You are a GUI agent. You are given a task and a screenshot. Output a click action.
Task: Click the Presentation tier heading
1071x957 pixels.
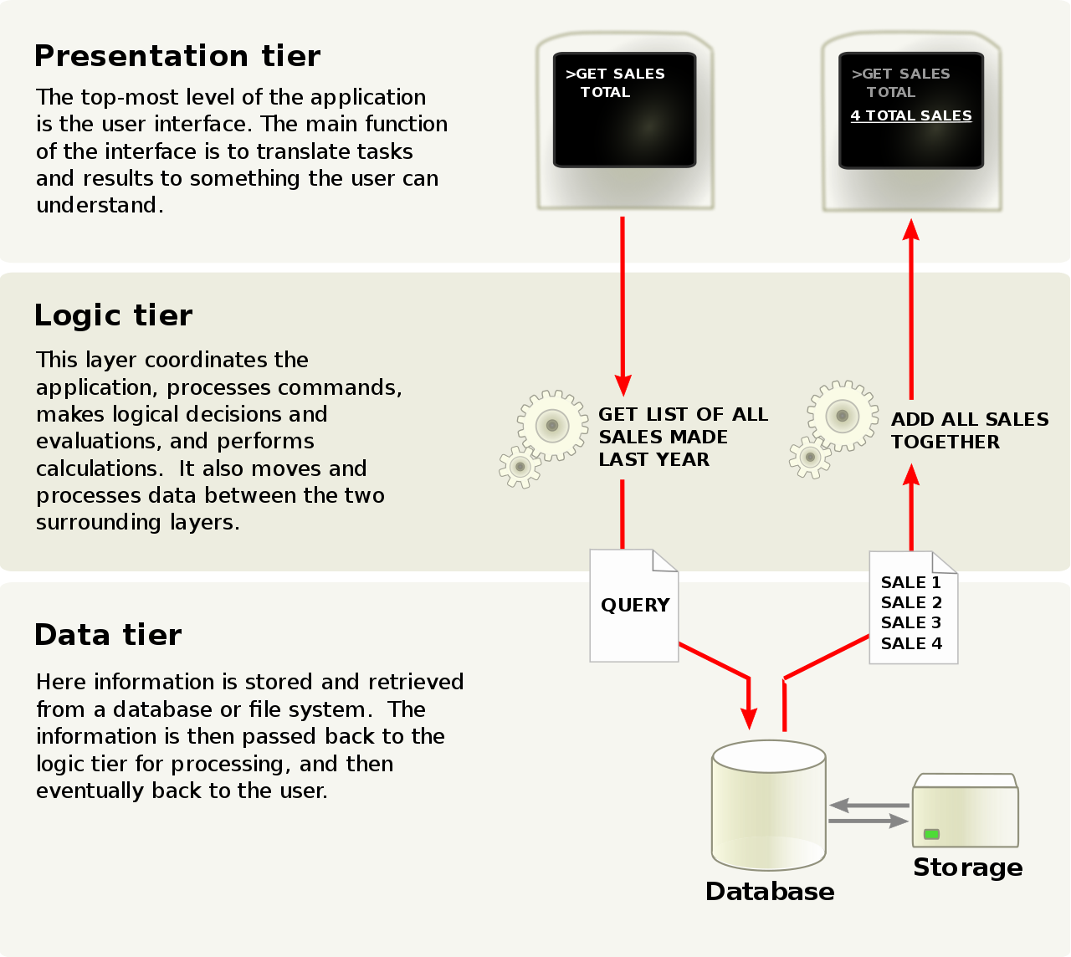pos(177,56)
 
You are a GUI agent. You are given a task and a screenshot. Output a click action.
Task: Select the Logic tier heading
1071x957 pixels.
pos(113,315)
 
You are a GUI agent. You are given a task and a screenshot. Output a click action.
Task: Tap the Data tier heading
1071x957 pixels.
pos(108,635)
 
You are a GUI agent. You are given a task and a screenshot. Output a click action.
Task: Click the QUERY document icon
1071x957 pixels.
pos(634,606)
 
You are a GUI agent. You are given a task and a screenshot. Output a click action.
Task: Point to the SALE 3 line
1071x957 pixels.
pos(910,622)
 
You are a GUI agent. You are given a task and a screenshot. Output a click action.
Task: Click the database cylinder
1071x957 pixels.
pos(769,805)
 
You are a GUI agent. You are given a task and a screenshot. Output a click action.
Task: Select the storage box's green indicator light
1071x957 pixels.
pos(931,834)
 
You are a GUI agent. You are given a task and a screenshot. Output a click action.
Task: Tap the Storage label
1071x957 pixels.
pos(967,867)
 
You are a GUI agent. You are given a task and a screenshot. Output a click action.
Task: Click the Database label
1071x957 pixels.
pos(770,892)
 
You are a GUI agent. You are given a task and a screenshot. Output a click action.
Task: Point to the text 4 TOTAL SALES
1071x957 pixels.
pos(911,115)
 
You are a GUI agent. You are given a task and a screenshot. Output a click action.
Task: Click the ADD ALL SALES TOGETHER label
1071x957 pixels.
pos(969,430)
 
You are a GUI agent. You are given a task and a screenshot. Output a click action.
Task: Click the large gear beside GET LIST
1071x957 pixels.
pos(551,425)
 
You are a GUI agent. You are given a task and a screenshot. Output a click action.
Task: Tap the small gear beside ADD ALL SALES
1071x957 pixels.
pos(809,458)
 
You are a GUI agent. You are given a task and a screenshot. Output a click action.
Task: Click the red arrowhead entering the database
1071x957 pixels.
pos(749,718)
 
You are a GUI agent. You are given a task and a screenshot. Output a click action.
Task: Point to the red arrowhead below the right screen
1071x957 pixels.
pos(911,229)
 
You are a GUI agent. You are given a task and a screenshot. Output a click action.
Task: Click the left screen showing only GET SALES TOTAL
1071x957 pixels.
pos(624,110)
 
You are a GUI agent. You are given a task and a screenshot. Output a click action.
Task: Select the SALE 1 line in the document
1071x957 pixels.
pos(910,582)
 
